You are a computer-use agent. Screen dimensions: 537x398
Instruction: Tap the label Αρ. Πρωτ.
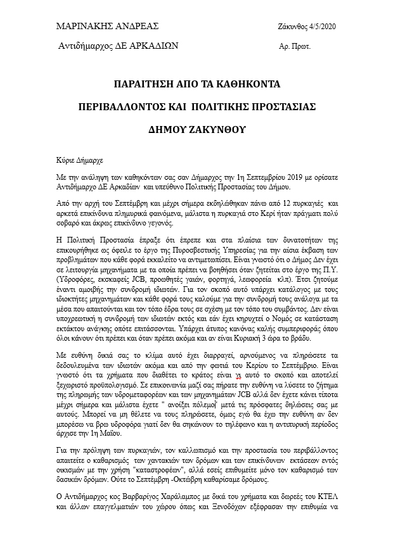295,47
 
